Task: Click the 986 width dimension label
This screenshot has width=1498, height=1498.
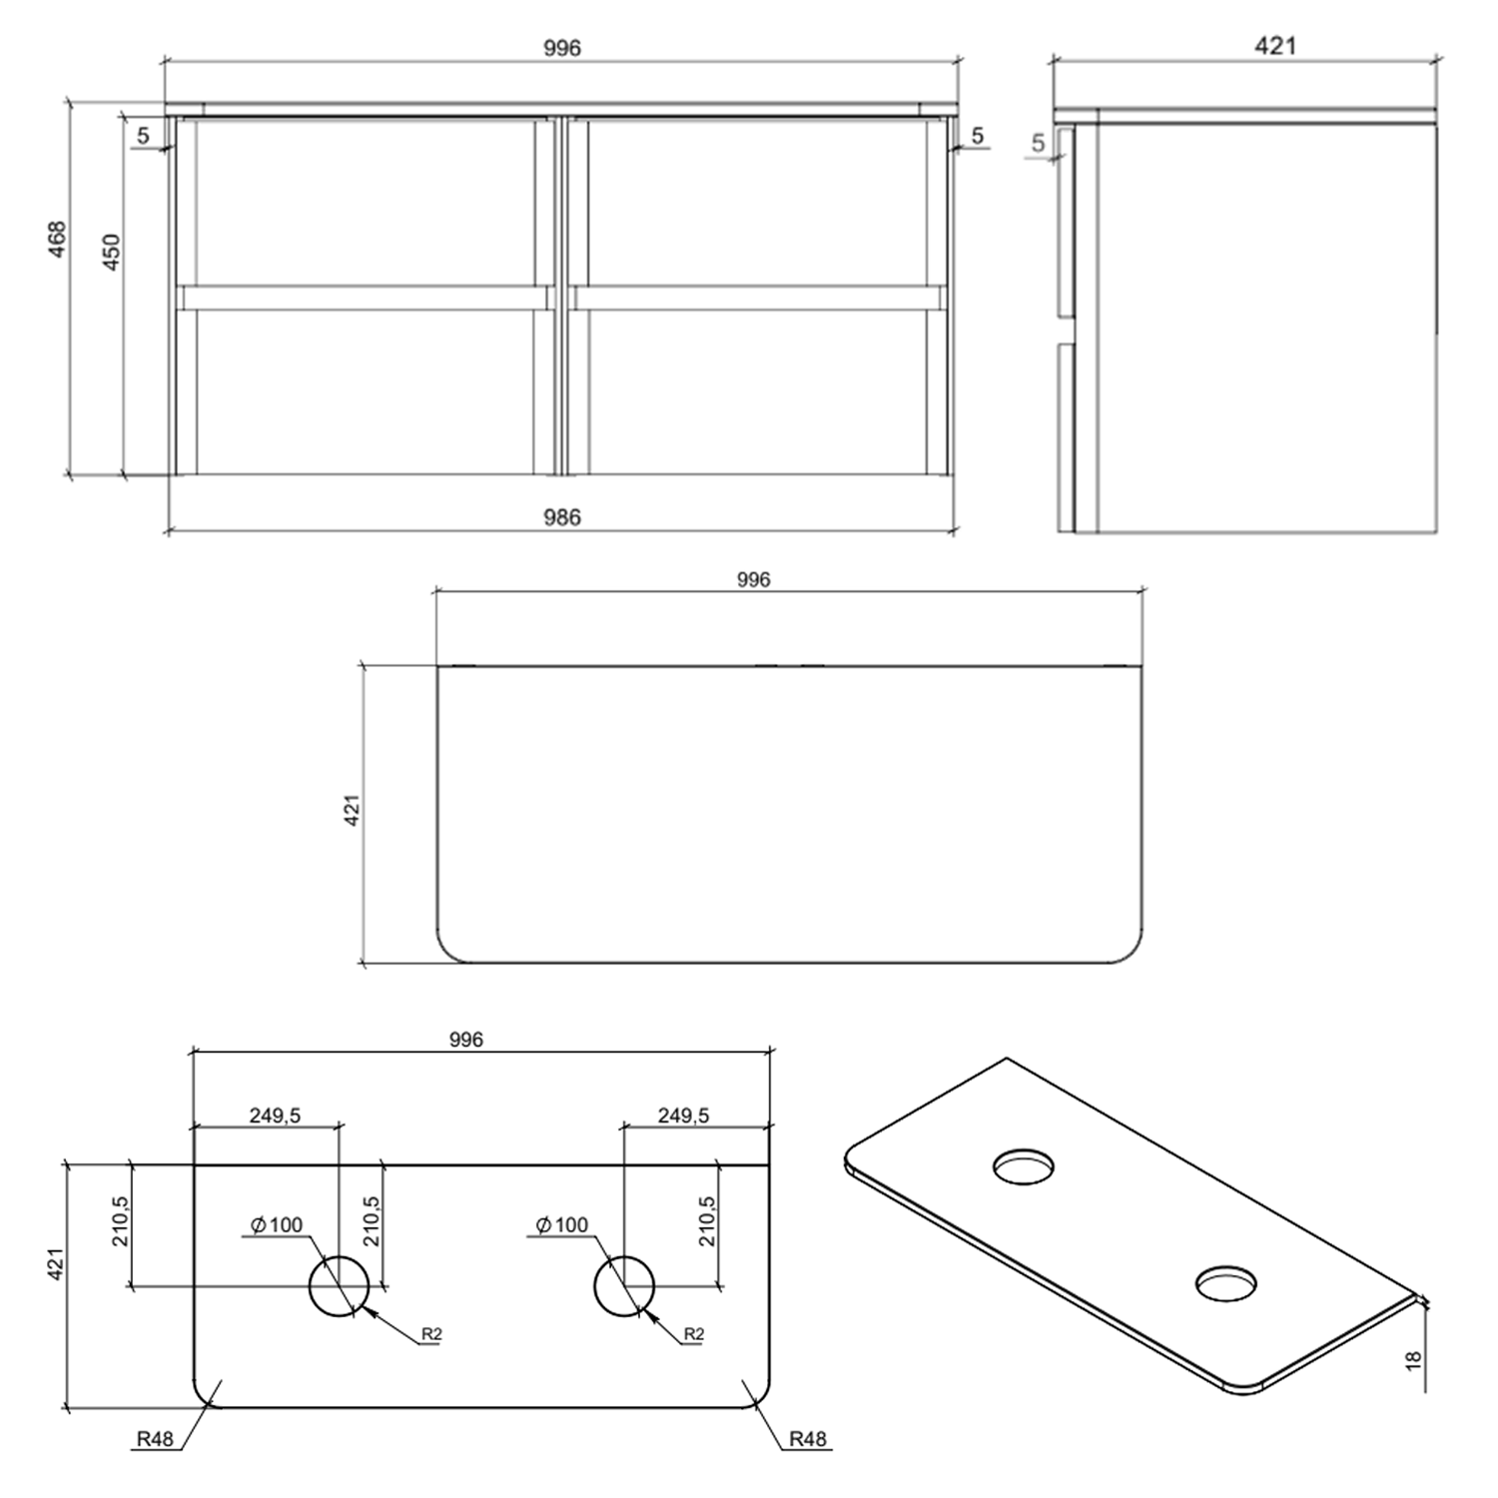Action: pos(561,517)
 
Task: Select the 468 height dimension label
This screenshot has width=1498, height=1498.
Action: pos(57,240)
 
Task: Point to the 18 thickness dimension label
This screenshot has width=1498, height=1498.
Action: pos(1413,1359)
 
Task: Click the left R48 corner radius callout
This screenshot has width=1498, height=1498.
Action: pos(155,1439)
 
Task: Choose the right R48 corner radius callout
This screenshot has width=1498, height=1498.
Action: pos(807,1439)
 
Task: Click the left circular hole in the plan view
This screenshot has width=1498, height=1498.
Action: pos(340,1286)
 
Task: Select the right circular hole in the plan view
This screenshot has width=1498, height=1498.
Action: pos(624,1286)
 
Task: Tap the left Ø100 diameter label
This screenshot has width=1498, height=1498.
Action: pos(277,1224)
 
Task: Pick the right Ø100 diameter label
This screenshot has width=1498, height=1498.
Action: pos(562,1224)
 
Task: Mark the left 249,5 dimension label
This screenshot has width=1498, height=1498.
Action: pos(275,1116)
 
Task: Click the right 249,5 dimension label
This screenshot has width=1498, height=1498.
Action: pos(683,1116)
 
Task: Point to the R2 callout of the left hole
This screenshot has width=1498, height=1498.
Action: pos(431,1334)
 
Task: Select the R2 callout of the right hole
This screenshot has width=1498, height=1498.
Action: pos(694,1334)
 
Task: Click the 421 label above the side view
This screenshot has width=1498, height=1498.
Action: pos(1275,46)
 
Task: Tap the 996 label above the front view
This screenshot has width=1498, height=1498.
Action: pos(561,48)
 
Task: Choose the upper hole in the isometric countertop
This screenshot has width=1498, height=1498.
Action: pos(1024,1165)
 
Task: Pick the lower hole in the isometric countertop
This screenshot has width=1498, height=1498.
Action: pos(1226,1283)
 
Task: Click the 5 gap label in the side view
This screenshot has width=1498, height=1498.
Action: pos(1038,143)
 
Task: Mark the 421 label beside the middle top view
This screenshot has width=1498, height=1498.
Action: pos(351,810)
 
